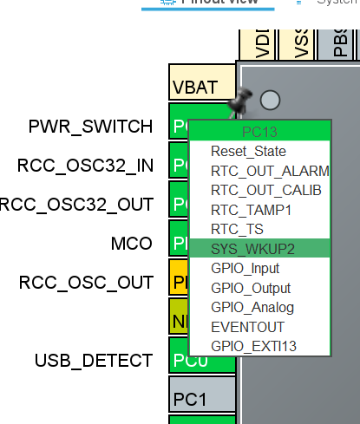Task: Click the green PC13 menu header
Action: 259,131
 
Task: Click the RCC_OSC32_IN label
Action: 85,165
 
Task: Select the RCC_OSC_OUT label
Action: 86,282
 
